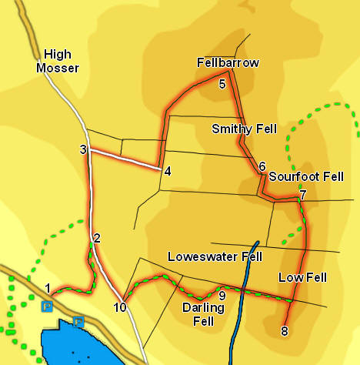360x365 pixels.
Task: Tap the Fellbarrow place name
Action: (228, 62)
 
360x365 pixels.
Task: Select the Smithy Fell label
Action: (244, 129)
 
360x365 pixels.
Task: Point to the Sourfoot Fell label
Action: (305, 176)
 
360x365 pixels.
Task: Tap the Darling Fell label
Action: (203, 313)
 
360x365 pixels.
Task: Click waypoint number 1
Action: (48, 289)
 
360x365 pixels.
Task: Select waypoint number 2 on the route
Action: (97, 237)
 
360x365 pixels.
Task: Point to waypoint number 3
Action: (82, 149)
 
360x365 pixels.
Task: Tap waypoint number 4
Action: (167, 171)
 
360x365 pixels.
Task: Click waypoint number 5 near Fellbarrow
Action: (222, 84)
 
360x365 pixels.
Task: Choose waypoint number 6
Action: (262, 166)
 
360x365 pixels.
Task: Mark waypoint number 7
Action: (303, 195)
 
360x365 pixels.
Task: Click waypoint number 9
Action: (222, 295)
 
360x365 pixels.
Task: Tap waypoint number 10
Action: (119, 308)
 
